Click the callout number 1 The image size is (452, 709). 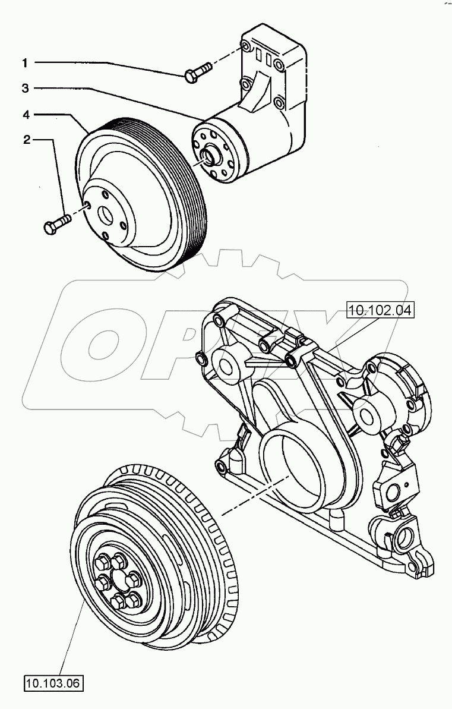[x=25, y=62]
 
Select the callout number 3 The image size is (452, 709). [x=25, y=88]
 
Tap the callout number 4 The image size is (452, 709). [x=25, y=114]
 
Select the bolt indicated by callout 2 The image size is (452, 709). [x=57, y=223]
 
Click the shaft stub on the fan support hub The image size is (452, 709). [x=207, y=156]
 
